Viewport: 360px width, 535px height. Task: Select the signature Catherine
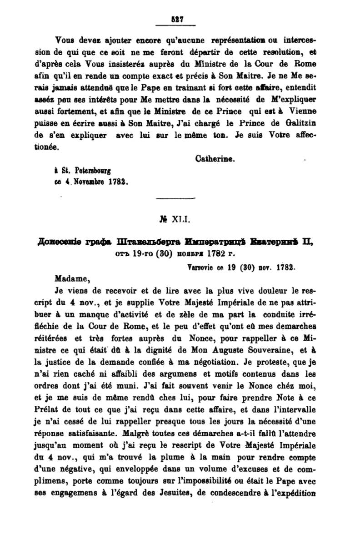click(x=215, y=159)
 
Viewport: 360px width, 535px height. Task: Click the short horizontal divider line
click(x=175, y=198)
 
